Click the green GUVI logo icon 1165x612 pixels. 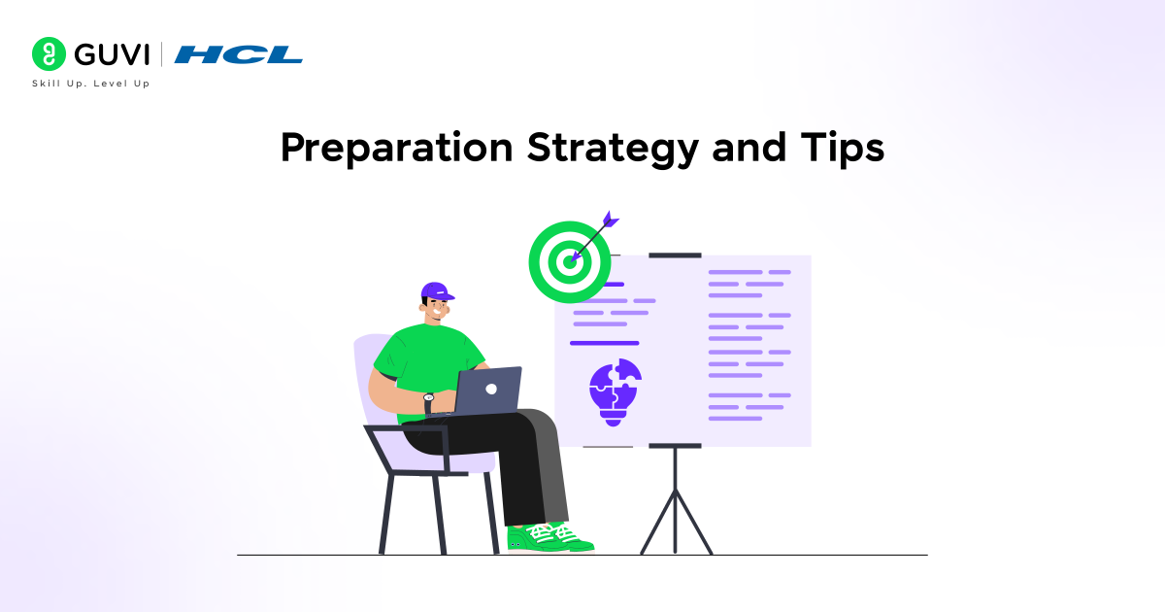(49, 53)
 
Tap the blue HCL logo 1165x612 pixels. (239, 53)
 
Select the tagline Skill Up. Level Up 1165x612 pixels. (91, 84)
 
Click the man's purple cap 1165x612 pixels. (437, 291)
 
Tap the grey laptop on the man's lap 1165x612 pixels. (487, 391)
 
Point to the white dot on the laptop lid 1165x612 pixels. (491, 389)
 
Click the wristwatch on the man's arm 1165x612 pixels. (428, 397)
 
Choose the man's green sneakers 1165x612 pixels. (549, 537)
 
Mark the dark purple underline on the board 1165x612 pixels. (604, 343)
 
